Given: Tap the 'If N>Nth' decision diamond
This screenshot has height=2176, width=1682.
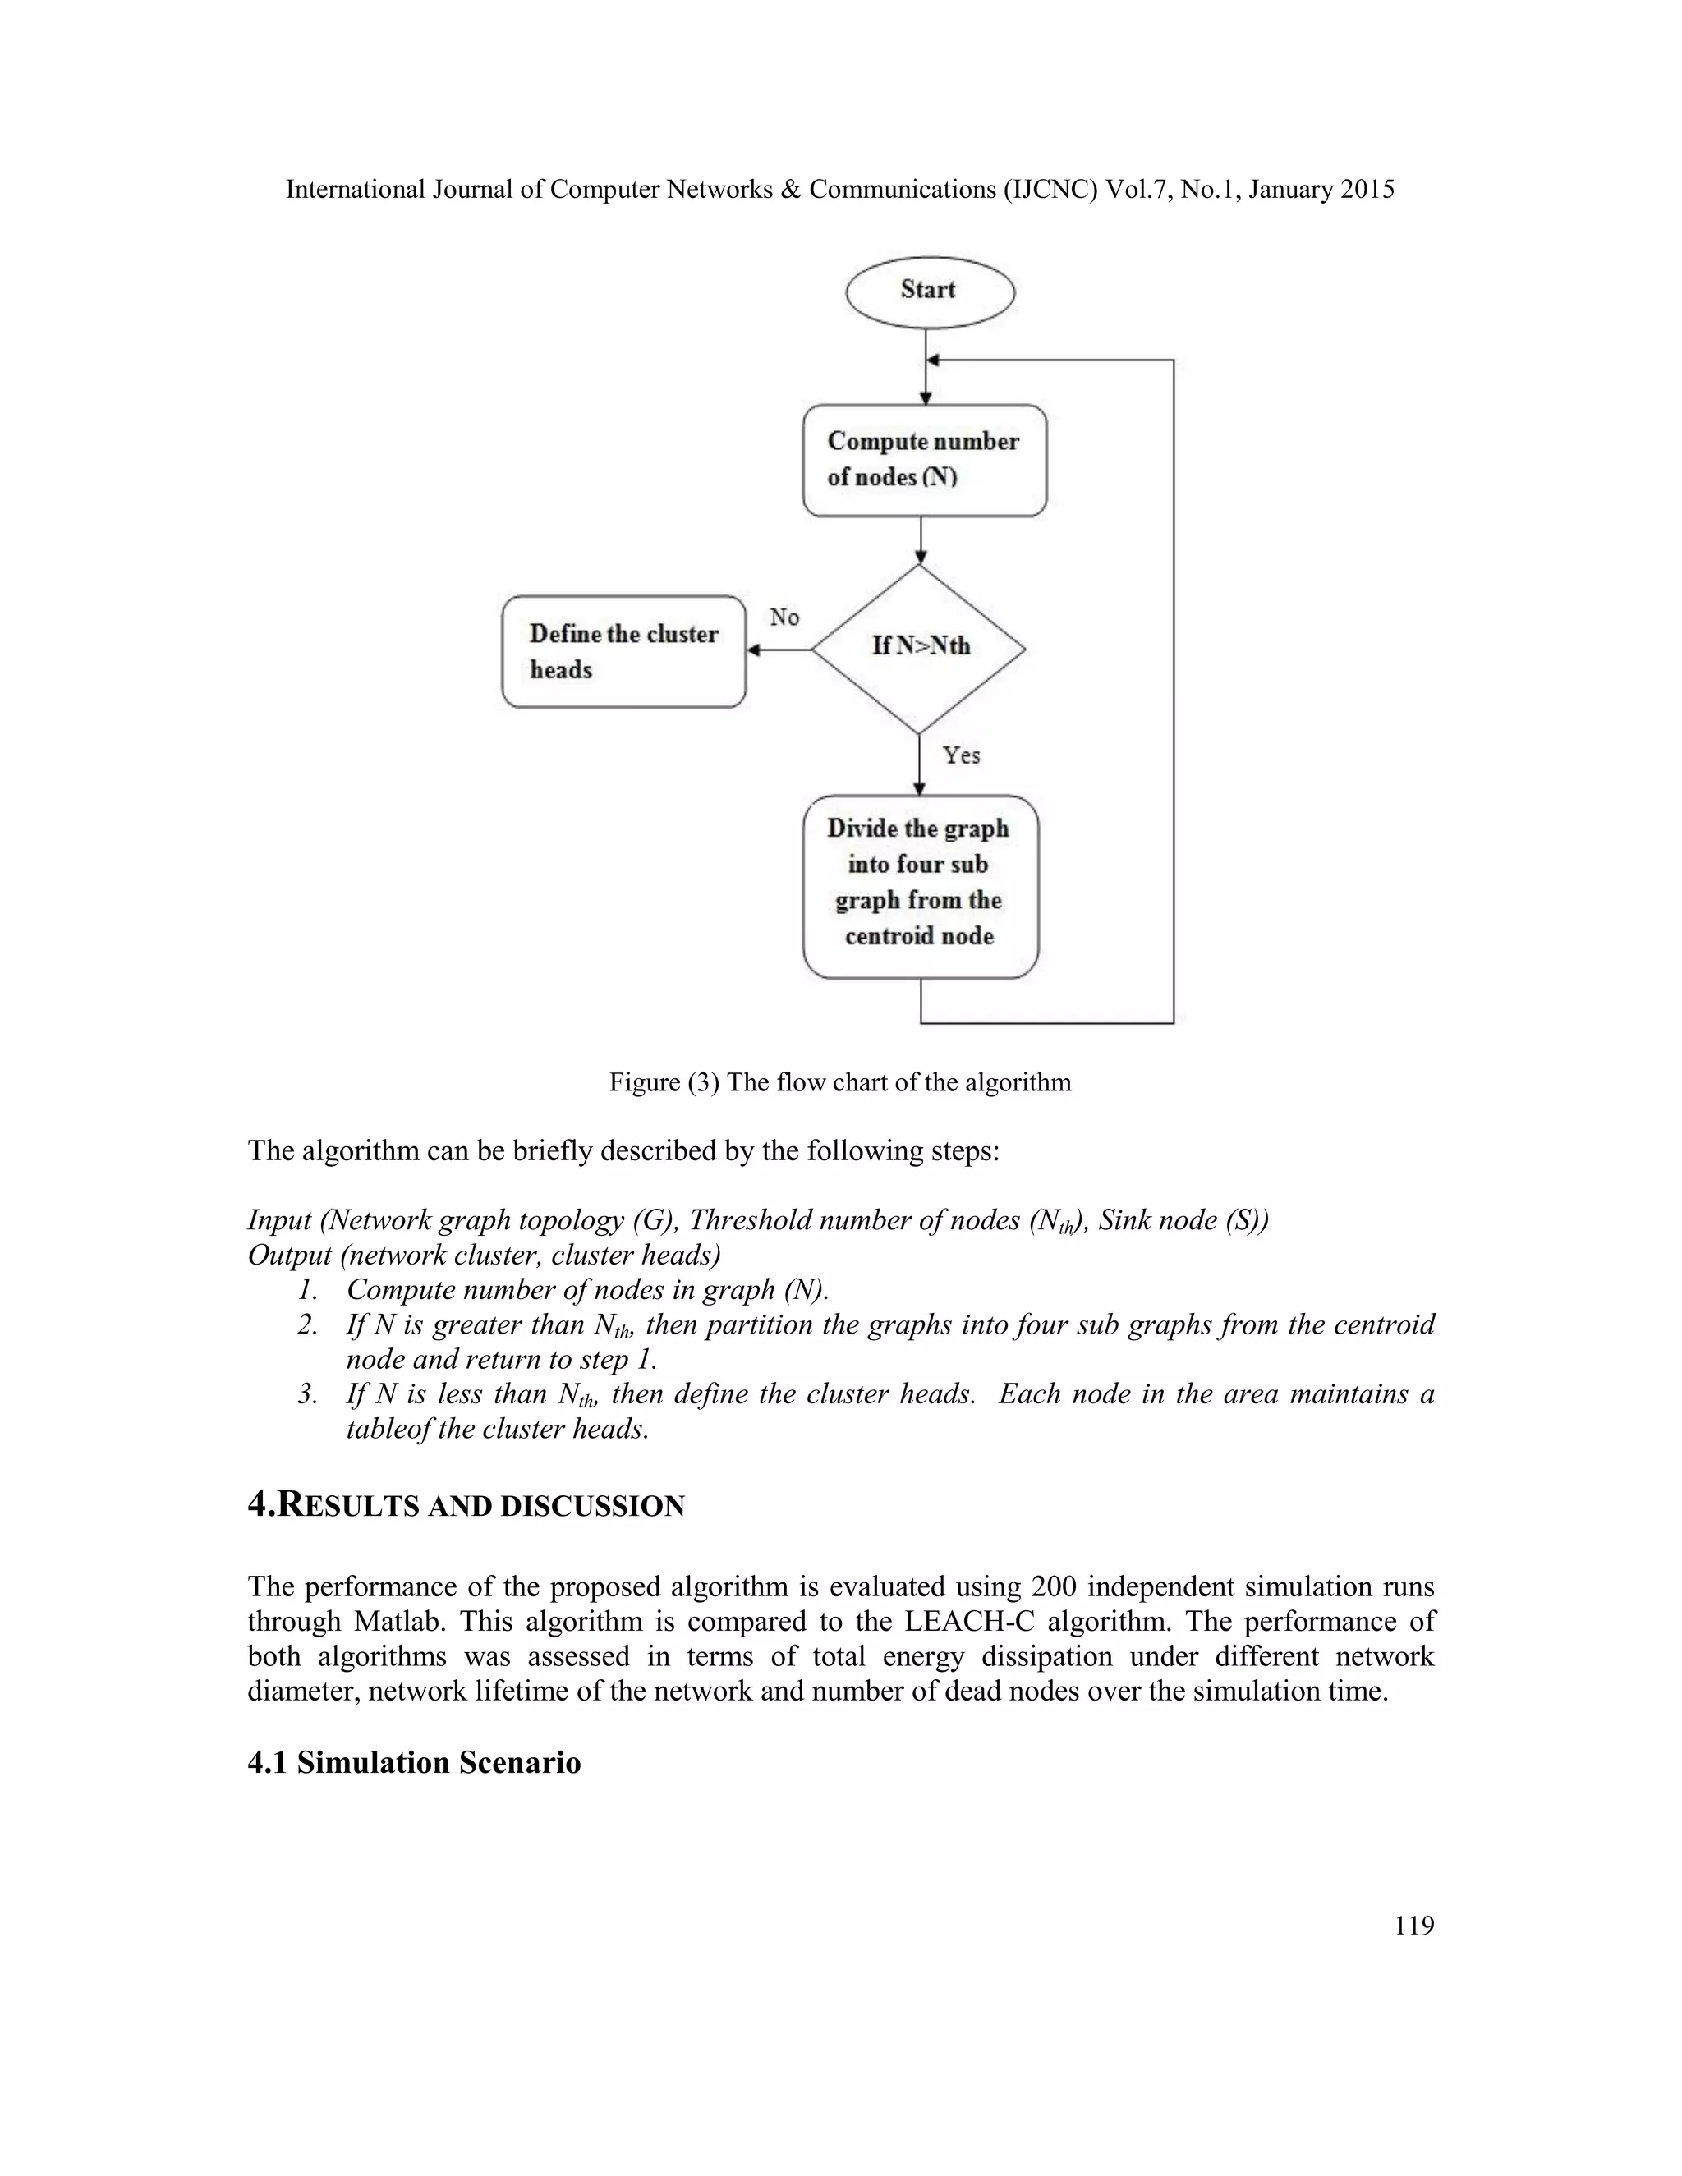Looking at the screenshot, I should click(919, 649).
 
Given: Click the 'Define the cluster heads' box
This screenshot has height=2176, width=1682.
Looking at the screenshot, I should click(624, 652).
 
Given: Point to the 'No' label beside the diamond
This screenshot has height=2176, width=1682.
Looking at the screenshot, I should click(784, 617).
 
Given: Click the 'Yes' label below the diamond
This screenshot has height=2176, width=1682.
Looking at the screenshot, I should click(962, 755).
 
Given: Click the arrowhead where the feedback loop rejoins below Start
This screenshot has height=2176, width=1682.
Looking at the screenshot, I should click(934, 360).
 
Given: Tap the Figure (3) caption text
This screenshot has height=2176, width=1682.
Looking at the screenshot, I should click(840, 1082).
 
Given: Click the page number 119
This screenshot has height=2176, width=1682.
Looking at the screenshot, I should click(1414, 1925).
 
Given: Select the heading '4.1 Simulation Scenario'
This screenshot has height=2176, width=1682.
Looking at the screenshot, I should click(414, 1762).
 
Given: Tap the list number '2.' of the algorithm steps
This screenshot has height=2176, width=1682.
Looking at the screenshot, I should click(308, 1325).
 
